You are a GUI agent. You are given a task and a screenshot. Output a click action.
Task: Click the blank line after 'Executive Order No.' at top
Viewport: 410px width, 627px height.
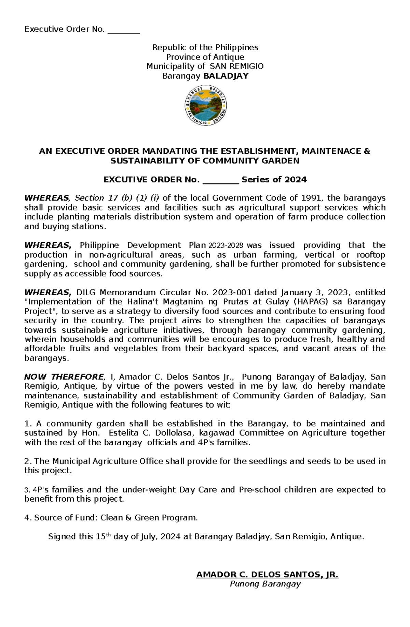point(124,30)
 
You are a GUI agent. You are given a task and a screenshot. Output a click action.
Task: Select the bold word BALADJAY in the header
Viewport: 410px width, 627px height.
point(226,76)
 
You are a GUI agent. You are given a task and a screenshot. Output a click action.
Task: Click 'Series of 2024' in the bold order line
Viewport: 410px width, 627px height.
point(274,180)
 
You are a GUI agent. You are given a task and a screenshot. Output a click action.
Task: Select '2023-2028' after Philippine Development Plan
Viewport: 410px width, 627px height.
point(226,245)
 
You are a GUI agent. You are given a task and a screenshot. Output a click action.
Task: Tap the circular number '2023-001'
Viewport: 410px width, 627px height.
point(232,292)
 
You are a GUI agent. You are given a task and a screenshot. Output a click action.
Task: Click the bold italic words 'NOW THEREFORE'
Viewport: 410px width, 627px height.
point(64,377)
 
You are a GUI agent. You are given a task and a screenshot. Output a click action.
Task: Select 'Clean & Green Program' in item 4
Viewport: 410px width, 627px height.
point(148,518)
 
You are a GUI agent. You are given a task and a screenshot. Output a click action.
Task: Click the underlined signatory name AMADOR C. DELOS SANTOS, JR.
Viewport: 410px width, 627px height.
point(267,574)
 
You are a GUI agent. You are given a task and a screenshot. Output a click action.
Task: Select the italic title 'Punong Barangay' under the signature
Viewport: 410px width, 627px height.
point(265,584)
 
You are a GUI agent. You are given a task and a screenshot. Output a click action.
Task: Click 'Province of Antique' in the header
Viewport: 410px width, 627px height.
point(205,57)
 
